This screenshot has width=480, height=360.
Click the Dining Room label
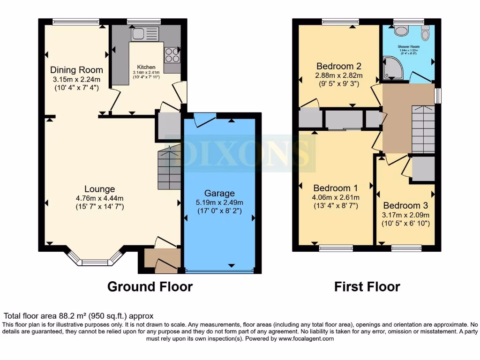(x=77, y=70)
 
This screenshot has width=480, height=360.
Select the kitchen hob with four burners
(x=172, y=55)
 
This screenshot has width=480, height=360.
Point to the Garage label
(x=219, y=193)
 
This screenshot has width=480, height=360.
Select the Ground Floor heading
(x=150, y=286)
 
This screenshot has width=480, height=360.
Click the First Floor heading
(x=367, y=286)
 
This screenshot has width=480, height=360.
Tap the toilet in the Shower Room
(x=401, y=31)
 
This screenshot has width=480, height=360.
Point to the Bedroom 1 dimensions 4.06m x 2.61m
(x=336, y=197)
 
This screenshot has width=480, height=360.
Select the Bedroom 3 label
(x=405, y=205)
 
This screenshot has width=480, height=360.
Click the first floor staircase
(x=423, y=129)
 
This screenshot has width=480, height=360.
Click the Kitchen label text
(x=146, y=67)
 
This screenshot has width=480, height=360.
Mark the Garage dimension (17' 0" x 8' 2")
(x=219, y=211)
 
